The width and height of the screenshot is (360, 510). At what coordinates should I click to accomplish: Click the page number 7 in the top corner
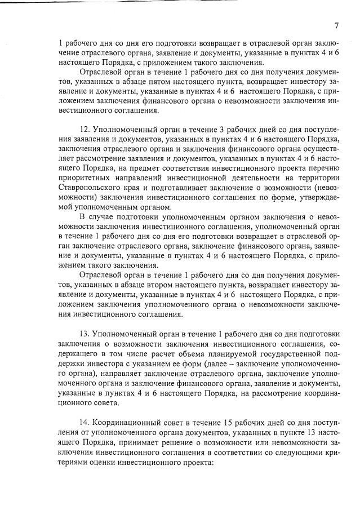(x=336, y=25)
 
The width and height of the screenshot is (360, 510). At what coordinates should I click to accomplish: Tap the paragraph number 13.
(x=86, y=333)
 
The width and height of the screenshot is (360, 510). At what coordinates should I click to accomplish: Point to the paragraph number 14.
(x=86, y=424)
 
